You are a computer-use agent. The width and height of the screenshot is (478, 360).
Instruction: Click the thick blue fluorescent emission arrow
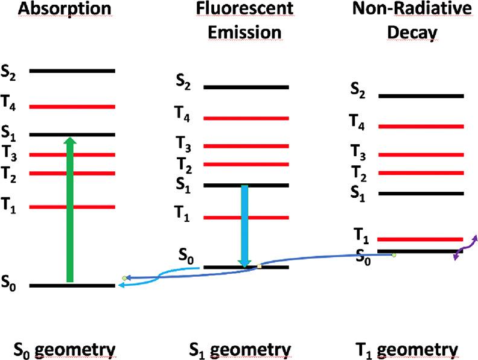click(244, 226)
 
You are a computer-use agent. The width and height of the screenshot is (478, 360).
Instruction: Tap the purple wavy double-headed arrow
click(465, 248)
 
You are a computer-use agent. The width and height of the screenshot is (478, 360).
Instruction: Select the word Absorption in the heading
click(65, 9)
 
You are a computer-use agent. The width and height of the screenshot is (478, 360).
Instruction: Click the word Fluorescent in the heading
click(244, 8)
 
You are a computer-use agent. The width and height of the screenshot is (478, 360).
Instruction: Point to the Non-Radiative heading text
click(412, 8)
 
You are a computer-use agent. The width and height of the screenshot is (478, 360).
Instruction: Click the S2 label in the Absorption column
click(8, 72)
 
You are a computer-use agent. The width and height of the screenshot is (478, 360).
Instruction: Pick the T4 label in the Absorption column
click(8, 103)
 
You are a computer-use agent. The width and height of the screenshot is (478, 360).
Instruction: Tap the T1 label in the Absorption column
click(8, 205)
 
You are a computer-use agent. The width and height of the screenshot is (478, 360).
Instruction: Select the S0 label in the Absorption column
click(8, 283)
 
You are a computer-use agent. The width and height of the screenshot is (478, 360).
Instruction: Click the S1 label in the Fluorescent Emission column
click(183, 185)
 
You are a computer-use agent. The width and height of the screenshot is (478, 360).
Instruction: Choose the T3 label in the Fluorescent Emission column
click(183, 144)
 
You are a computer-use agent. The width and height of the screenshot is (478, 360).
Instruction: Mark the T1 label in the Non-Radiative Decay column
click(362, 236)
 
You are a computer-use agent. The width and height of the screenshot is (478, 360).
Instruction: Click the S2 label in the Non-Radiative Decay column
click(358, 90)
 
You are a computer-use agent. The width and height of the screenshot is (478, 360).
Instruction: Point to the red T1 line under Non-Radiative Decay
click(421, 239)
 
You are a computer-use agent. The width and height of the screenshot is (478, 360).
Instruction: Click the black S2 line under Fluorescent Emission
click(246, 87)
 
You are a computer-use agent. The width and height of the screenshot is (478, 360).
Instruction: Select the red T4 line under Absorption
click(72, 107)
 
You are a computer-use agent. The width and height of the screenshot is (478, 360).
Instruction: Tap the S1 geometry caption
click(240, 350)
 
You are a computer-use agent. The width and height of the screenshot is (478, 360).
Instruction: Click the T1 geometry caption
click(407, 350)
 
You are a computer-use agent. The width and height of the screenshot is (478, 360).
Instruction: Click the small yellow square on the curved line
click(260, 266)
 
